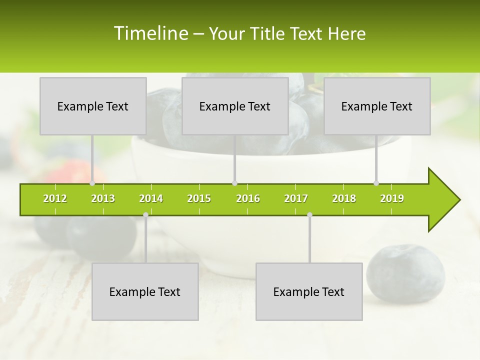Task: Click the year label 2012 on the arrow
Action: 55,198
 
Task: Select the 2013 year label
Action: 103,198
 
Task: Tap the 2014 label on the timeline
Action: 151,198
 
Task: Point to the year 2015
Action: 199,198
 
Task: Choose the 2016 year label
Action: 248,198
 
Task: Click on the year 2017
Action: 296,198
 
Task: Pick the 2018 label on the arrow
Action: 344,198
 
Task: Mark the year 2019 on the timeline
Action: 392,198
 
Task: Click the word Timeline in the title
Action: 150,33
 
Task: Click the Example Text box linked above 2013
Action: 93,106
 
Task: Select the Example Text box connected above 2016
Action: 235,106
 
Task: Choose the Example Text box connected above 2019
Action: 377,106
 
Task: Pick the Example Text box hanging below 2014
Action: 145,291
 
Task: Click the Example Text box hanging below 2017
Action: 309,291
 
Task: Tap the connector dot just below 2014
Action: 145,214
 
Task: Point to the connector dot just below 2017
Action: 309,214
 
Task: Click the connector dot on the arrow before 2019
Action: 376,183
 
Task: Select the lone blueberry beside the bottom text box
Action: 405,273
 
